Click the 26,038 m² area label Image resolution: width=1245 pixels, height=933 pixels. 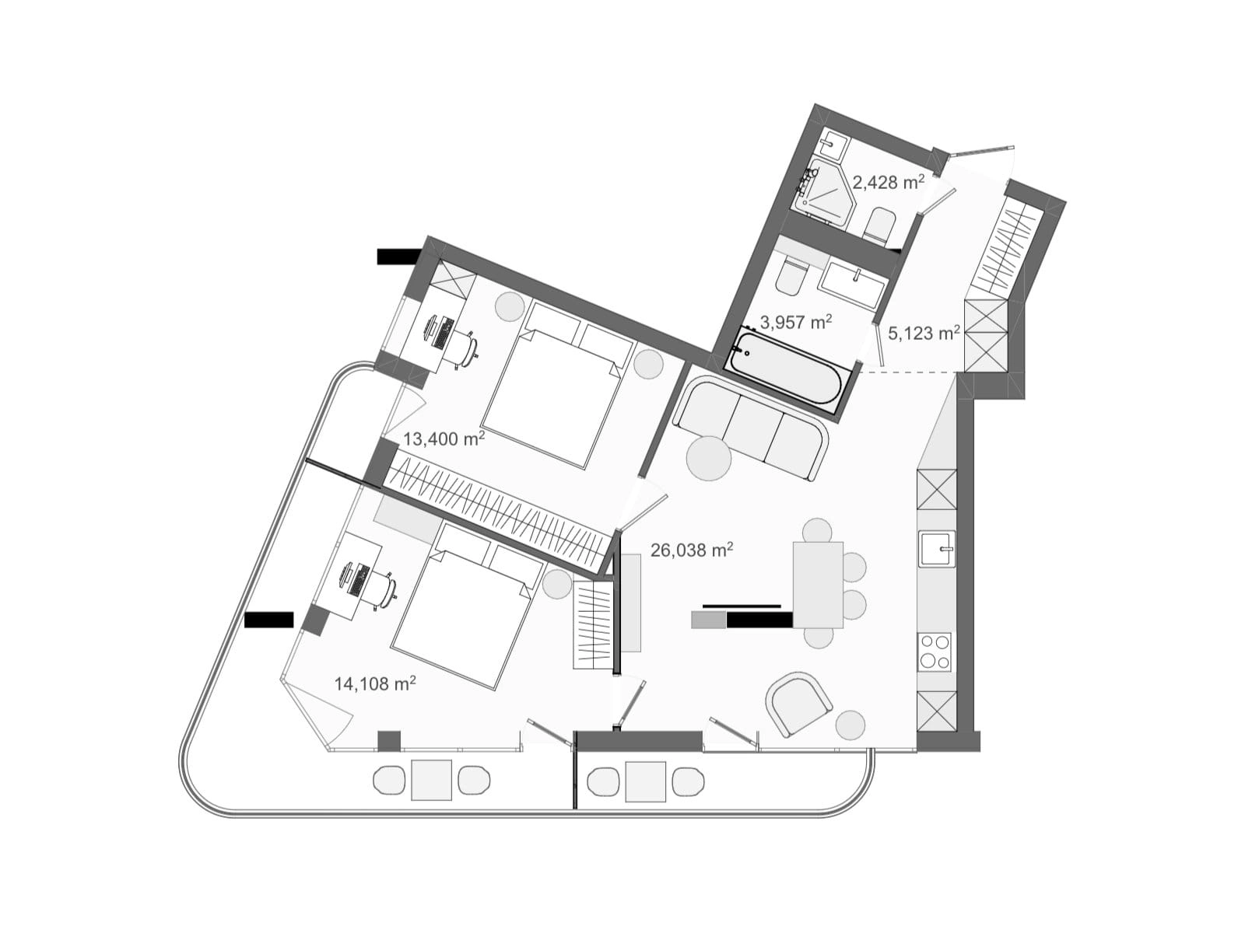[x=692, y=550]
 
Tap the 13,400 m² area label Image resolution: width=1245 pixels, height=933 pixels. [x=444, y=438]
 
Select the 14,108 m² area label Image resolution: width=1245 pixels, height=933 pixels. [x=375, y=683]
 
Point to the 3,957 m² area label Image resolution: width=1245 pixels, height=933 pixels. [x=796, y=322]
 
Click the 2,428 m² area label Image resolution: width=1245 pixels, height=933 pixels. [x=889, y=182]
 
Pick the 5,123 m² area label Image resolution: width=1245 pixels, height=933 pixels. [x=924, y=333]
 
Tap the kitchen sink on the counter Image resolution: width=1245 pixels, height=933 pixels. [x=937, y=548]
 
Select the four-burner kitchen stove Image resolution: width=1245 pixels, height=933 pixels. [x=935, y=652]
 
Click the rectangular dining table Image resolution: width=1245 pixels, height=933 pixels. [x=818, y=585]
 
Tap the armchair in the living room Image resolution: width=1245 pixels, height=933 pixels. [x=798, y=704]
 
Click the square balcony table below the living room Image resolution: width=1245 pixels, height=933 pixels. [x=645, y=781]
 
